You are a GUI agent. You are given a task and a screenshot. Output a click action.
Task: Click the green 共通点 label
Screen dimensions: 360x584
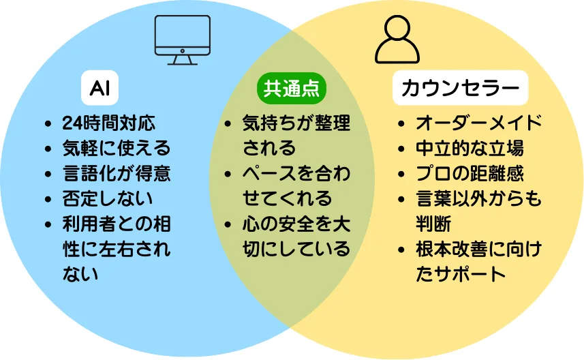coord(292,88)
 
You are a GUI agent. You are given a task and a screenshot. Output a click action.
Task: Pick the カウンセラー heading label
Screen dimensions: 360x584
coord(460,88)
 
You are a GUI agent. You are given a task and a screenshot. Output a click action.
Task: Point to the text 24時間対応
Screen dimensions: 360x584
coord(108,123)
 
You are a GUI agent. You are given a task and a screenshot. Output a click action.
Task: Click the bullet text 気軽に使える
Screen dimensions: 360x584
coord(116,148)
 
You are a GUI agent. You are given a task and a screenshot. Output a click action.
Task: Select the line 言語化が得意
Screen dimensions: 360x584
coord(116,173)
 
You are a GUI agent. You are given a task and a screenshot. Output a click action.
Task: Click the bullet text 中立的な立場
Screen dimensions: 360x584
coord(470,148)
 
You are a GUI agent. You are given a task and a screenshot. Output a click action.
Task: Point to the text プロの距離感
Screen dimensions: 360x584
coord(470,173)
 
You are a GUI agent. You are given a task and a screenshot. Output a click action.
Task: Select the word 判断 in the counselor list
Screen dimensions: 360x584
coord(433,223)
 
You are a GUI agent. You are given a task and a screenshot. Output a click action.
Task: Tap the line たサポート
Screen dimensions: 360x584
coord(461,273)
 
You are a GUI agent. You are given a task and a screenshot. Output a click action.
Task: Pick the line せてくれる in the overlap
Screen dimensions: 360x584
coord(287,198)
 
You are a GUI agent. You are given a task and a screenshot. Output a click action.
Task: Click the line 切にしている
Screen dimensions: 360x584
coord(296,248)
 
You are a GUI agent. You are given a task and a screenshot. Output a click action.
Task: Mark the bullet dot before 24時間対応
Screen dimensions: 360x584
coord(47,125)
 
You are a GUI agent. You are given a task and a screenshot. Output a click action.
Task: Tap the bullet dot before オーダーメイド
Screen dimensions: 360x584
coord(401,125)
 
